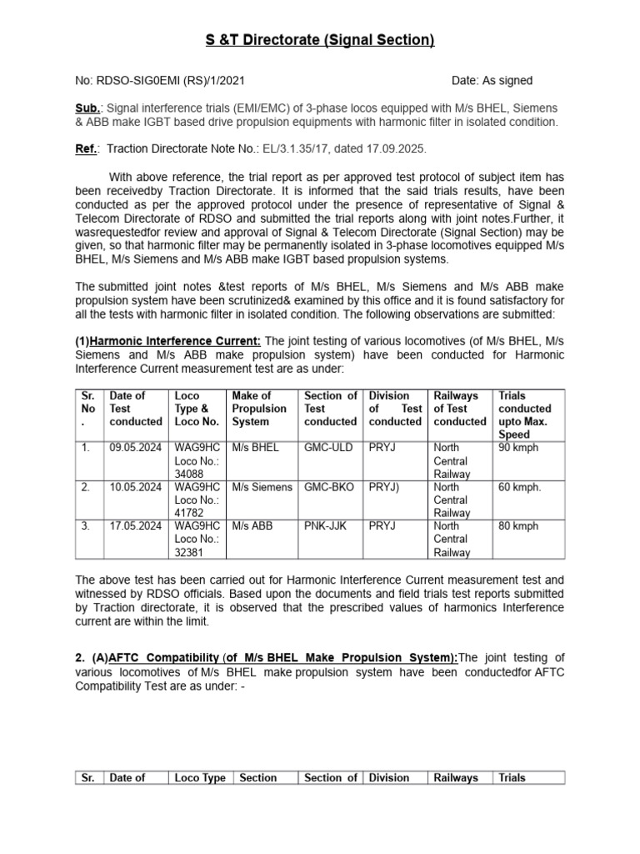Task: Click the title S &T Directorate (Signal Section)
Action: (x=320, y=40)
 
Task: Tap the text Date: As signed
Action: (x=492, y=81)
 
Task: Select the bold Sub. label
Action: (x=87, y=108)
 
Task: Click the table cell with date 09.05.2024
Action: (x=135, y=448)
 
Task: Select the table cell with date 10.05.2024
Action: (x=135, y=487)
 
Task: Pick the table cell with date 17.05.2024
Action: (x=135, y=526)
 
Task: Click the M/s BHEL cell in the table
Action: (x=256, y=448)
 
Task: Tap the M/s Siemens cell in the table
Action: (x=262, y=487)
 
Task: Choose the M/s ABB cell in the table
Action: (x=253, y=526)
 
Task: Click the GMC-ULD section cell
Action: (x=328, y=448)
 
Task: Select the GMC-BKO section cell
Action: (x=328, y=487)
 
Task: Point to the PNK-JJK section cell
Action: (x=327, y=526)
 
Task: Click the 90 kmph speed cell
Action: (x=518, y=448)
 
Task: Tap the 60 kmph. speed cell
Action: (x=520, y=487)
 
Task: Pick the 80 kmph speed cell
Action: (x=518, y=526)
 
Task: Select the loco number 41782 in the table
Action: (x=189, y=514)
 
